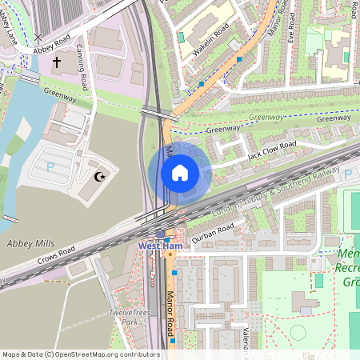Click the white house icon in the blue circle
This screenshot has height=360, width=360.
[180, 173]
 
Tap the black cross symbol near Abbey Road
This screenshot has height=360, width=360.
[57, 61]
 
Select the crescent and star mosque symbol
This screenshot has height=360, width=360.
[100, 176]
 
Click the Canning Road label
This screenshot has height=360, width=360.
[82, 59]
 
